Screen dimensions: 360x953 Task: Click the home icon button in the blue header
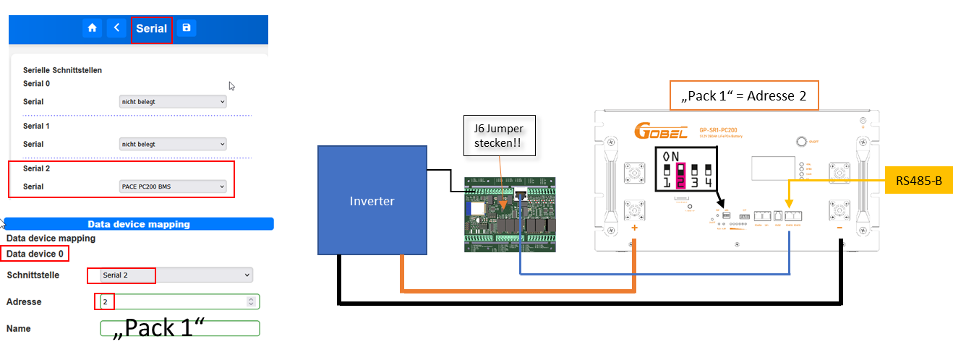[x=92, y=28]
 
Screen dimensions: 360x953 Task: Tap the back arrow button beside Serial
[x=116, y=28]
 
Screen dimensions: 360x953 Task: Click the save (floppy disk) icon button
[x=187, y=28]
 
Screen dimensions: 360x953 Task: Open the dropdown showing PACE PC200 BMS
[x=173, y=187]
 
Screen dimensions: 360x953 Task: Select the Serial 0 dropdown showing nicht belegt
[x=173, y=102]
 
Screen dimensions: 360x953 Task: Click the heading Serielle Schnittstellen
[x=62, y=70]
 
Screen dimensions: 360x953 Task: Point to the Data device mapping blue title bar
[x=139, y=224]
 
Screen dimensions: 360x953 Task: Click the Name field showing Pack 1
[x=179, y=328]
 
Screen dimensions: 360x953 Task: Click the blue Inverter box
[x=372, y=201]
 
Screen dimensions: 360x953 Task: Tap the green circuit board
[x=509, y=214]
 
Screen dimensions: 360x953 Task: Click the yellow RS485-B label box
[x=918, y=181]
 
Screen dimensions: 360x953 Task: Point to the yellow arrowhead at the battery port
[x=789, y=205]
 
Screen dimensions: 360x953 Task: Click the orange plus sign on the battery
[x=635, y=228]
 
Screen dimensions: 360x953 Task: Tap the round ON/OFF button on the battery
[x=801, y=142]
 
